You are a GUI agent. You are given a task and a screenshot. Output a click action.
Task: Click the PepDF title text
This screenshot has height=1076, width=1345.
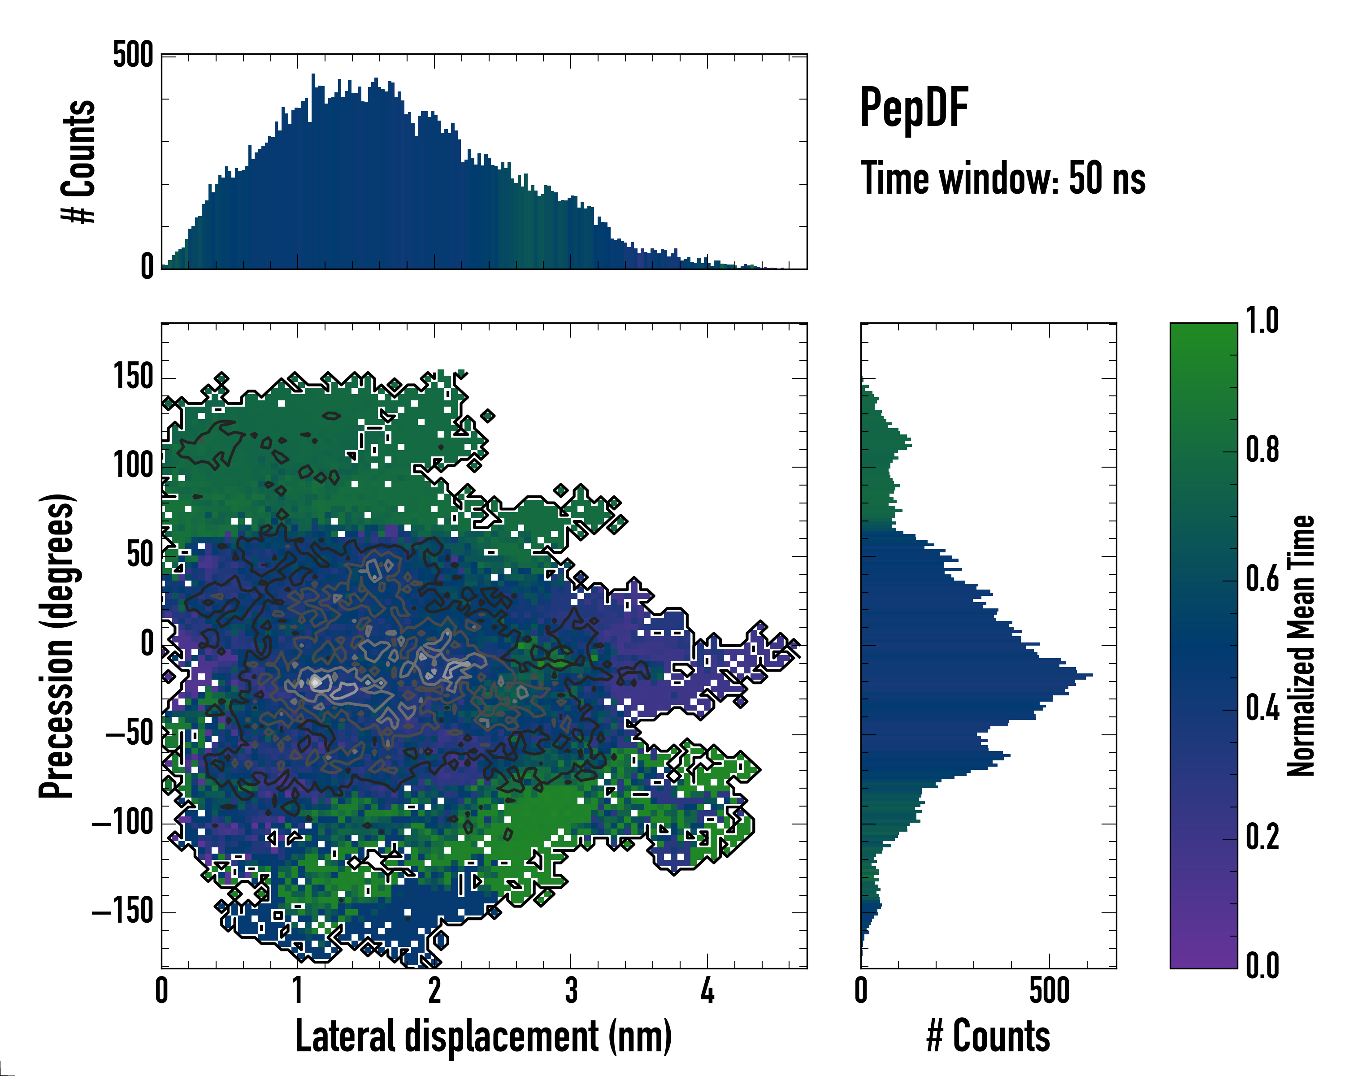point(913,108)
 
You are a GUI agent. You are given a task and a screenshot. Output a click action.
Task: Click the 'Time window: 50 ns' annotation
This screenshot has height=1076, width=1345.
point(1002,178)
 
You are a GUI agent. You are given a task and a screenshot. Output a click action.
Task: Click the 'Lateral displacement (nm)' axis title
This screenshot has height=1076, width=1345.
point(483,1036)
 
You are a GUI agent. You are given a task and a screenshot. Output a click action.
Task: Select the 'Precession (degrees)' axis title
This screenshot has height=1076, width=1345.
point(57,645)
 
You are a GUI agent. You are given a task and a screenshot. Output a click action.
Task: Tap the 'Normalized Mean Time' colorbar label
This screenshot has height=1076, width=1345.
point(1302,645)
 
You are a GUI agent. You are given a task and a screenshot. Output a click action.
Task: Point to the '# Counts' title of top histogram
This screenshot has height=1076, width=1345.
point(78,161)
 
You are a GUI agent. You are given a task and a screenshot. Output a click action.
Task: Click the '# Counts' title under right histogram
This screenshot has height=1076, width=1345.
point(988,1036)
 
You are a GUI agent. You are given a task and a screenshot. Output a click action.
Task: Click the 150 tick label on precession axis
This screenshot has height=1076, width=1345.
point(133,377)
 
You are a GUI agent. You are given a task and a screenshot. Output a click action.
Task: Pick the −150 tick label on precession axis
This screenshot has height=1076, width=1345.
point(123,912)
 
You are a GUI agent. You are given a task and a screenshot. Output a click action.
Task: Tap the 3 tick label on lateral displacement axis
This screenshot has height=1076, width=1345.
point(571,990)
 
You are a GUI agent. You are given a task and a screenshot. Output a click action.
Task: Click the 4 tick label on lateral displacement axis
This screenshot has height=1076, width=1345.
point(707,990)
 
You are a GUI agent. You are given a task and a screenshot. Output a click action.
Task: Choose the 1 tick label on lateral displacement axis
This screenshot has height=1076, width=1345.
point(298,990)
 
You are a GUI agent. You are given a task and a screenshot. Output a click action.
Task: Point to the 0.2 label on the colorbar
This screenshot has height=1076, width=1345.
point(1262,837)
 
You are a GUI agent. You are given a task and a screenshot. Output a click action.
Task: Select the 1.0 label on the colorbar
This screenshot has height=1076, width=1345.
point(1262,321)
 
